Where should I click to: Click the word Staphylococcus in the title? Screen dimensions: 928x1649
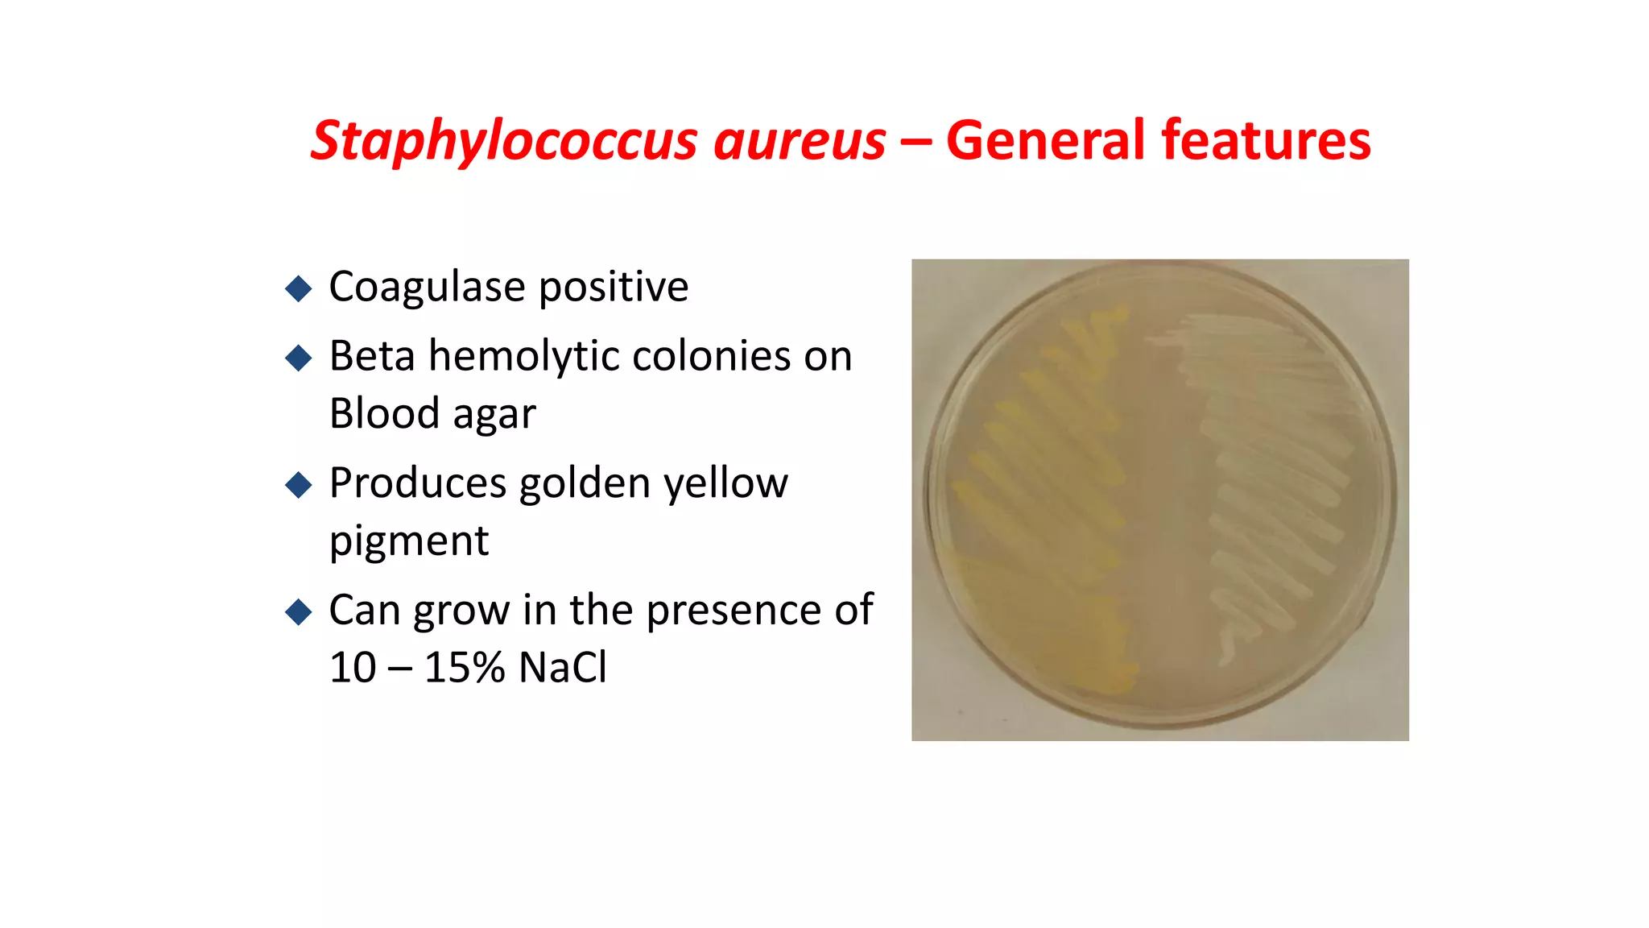click(503, 141)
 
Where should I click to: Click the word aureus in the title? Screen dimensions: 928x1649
click(800, 141)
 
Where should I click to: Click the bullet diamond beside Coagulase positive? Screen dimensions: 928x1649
click(299, 288)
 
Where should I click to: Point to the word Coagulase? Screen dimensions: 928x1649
click(428, 287)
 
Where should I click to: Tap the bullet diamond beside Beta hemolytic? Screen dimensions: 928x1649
click(299, 358)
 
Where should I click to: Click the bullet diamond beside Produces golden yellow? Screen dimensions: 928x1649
click(299, 485)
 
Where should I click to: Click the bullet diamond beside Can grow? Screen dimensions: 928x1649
click(299, 611)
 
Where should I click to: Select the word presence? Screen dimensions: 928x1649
click(734, 611)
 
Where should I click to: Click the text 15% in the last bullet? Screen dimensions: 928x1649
click(465, 668)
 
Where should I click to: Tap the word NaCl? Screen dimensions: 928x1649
click(563, 668)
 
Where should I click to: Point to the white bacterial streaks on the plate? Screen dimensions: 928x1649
click(1272, 483)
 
